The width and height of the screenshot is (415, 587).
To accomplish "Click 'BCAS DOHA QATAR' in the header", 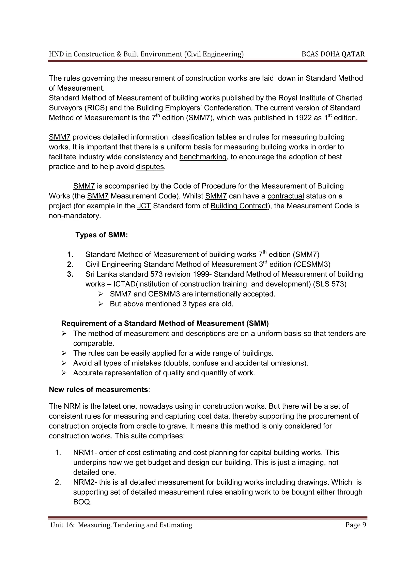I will pyautogui.click(x=333, y=54).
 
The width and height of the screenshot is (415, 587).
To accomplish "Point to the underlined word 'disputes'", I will pyautogui.click(x=150, y=167).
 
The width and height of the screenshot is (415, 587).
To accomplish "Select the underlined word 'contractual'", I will pyautogui.click(x=286, y=196).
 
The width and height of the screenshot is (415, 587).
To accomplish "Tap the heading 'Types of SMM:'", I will pyautogui.click(x=102, y=235).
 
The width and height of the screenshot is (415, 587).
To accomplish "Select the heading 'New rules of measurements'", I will pyautogui.click(x=98, y=390).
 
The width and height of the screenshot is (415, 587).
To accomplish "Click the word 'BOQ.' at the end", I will pyautogui.click(x=82, y=502).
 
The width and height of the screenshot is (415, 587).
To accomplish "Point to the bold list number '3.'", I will pyautogui.click(x=70, y=274).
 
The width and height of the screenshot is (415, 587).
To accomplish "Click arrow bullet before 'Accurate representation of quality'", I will pyautogui.click(x=64, y=373).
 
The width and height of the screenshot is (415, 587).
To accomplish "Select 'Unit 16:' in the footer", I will pyautogui.click(x=63, y=525).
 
